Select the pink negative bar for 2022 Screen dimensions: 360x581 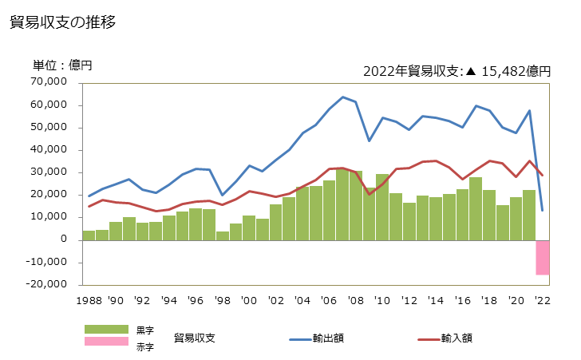coord(543,257)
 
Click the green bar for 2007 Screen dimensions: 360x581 coord(342,204)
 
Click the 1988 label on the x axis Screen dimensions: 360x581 coord(88,301)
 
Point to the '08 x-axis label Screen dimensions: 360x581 coord(355,301)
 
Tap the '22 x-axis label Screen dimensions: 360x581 coord(543,301)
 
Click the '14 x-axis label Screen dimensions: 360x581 coord(436,301)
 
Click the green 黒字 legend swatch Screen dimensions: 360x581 coord(106,329)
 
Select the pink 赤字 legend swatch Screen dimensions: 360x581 coord(106,342)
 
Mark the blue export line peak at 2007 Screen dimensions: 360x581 coord(342,97)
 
